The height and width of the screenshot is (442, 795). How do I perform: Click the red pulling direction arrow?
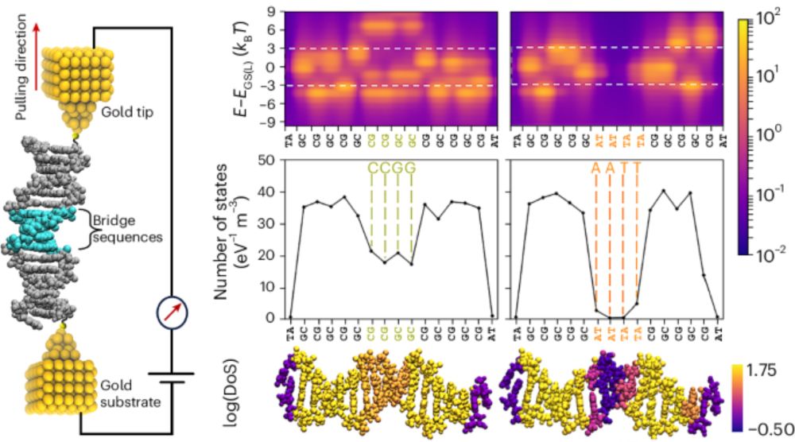click(15, 43)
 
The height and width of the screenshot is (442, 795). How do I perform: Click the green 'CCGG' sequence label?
click(390, 171)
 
